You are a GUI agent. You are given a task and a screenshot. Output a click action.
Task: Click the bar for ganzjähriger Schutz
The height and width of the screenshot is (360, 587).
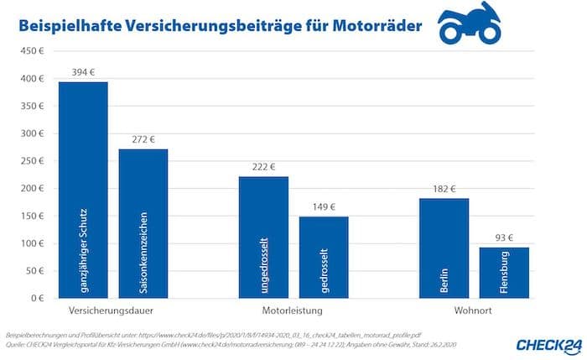click(82, 190)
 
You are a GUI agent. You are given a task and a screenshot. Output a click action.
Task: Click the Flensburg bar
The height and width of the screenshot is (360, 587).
click(504, 273)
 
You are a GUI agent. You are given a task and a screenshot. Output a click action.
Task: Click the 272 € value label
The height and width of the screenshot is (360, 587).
click(143, 139)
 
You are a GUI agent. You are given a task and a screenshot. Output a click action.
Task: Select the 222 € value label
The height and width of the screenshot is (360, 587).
click(263, 167)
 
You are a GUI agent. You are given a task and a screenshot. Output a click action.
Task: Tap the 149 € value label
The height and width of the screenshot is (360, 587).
click(324, 207)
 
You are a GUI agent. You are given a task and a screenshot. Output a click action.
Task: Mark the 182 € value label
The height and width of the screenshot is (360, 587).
click(444, 189)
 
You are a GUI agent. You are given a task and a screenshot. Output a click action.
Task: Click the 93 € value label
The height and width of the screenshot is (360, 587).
click(504, 238)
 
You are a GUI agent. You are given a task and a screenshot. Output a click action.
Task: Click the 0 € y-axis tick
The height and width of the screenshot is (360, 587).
click(34, 298)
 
